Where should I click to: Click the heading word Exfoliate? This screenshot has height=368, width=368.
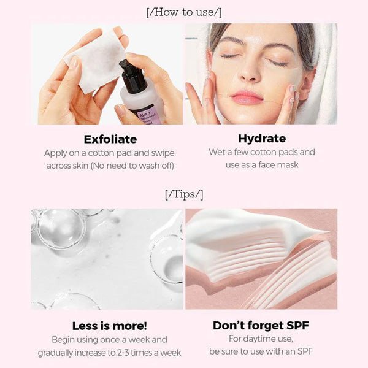(x=110, y=139)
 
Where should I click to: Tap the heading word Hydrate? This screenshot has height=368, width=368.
(x=262, y=139)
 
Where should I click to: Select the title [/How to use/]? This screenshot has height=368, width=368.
(x=184, y=12)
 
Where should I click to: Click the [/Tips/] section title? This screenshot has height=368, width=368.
(x=184, y=194)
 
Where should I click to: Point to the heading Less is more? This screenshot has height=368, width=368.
(x=110, y=326)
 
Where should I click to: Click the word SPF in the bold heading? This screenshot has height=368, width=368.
(x=297, y=325)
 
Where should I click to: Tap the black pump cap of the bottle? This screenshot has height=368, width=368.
(x=132, y=75)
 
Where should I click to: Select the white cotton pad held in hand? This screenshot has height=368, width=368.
(x=96, y=61)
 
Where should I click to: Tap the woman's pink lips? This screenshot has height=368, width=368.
(x=247, y=97)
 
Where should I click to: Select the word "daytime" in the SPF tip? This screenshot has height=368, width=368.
(x=260, y=339)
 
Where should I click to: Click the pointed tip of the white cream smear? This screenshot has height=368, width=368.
(x=328, y=232)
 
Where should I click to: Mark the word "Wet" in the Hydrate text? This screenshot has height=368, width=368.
(x=217, y=152)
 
